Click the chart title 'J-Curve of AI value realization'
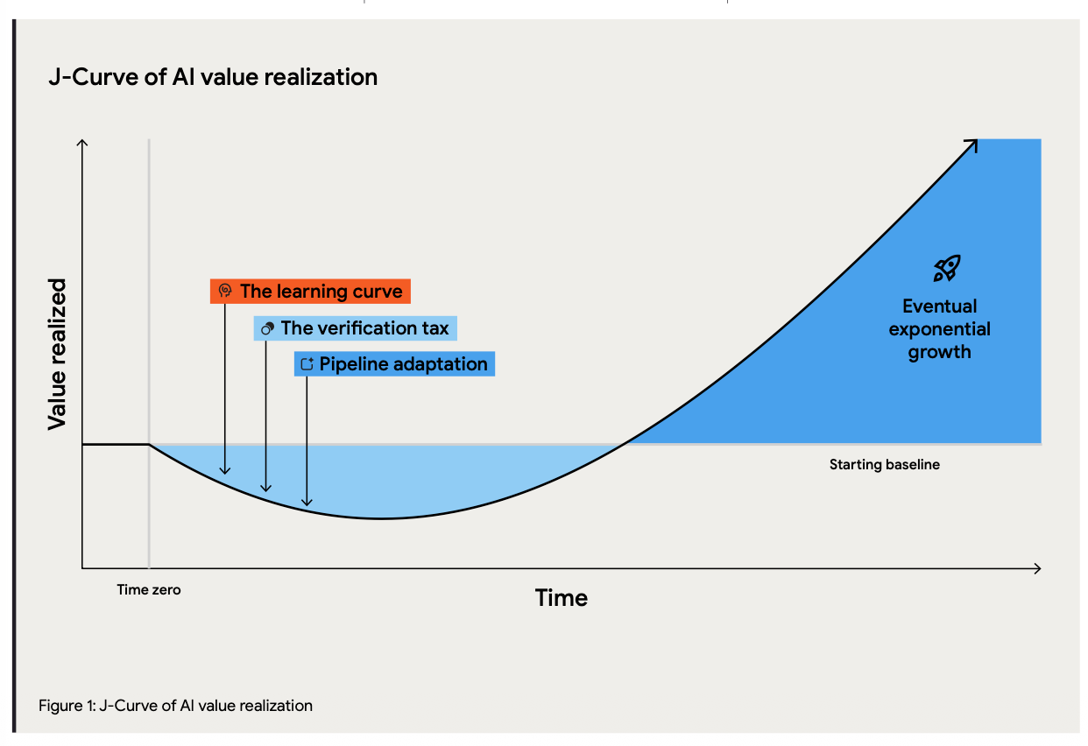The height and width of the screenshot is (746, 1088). (x=213, y=77)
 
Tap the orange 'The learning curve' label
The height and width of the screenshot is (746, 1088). (x=310, y=292)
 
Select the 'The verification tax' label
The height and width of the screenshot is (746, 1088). (x=355, y=328)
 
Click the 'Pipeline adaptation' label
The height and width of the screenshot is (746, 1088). (x=394, y=364)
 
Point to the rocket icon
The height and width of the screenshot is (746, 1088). (x=947, y=269)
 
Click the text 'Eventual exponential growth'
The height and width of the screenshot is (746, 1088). (x=939, y=329)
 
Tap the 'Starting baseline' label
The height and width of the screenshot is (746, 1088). (x=885, y=464)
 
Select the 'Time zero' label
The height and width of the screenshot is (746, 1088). (x=149, y=590)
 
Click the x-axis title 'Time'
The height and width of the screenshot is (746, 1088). (x=562, y=598)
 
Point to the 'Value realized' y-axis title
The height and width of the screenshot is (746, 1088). (x=57, y=355)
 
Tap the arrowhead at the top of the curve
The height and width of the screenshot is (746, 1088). (x=971, y=145)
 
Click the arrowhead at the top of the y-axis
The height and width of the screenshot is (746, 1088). (x=82, y=144)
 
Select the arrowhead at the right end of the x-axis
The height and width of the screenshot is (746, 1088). (x=1037, y=568)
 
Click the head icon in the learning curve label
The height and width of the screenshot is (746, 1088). (x=225, y=290)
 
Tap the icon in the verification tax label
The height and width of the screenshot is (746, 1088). (x=268, y=328)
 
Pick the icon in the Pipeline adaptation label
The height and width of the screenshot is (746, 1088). (x=307, y=363)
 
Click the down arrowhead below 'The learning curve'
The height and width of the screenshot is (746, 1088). (x=225, y=471)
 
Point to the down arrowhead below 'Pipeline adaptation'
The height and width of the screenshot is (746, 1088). (x=307, y=503)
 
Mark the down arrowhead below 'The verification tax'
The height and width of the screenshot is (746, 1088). (x=265, y=489)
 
